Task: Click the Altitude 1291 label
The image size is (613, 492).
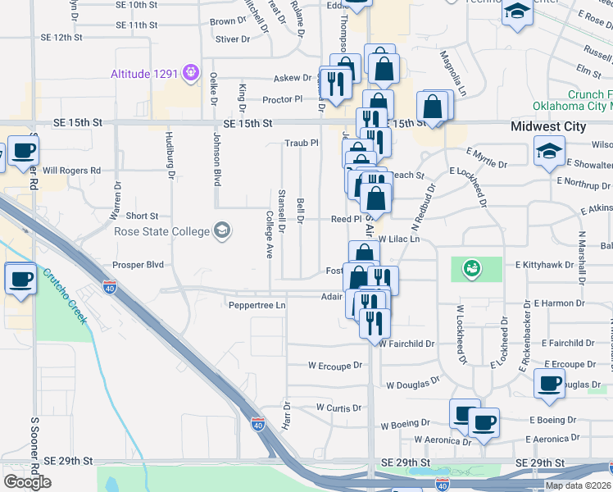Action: [144, 73]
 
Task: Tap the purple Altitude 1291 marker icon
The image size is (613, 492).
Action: [190, 72]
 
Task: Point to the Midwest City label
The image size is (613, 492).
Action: [548, 126]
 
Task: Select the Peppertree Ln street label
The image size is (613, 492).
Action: [257, 305]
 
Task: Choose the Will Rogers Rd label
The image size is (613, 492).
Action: [71, 171]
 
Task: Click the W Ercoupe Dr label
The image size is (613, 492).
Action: [334, 365]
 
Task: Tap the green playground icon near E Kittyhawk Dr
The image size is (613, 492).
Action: [470, 266]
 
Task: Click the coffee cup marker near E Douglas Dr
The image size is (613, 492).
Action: [549, 383]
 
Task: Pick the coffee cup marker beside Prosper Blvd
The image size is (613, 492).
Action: [20, 278]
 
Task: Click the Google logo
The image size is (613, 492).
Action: [27, 481]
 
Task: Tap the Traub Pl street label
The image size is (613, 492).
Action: [301, 143]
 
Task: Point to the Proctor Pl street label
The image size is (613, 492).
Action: [282, 99]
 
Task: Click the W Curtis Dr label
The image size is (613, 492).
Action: [338, 408]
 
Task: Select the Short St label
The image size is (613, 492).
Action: [142, 216]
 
